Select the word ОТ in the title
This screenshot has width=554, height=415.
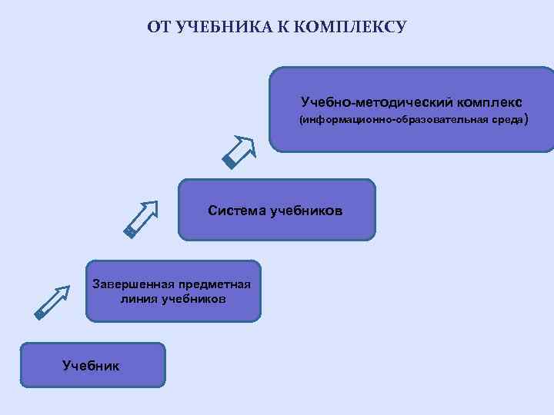[x=159, y=28]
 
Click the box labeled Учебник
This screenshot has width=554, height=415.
[x=92, y=365]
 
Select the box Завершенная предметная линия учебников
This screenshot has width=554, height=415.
[x=173, y=290]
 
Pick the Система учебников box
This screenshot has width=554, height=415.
[x=277, y=210]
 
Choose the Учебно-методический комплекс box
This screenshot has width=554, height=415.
[x=411, y=110]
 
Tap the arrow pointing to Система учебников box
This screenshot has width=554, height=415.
[x=141, y=219]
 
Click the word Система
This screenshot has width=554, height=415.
[x=237, y=210]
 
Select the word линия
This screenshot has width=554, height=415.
[x=139, y=298]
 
